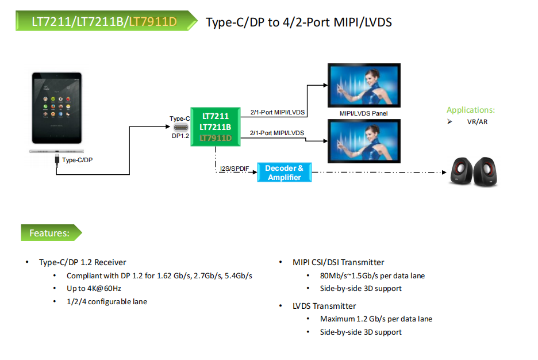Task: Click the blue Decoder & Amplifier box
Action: pyautogui.click(x=284, y=173)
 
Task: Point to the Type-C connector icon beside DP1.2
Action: pyautogui.click(x=180, y=128)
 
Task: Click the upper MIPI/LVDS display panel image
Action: pyautogui.click(x=363, y=85)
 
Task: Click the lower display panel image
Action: pyautogui.click(x=363, y=141)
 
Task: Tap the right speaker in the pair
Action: pyautogui.click(x=486, y=172)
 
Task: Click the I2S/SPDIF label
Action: pyautogui.click(x=235, y=168)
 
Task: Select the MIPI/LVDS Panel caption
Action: pyautogui.click(x=363, y=113)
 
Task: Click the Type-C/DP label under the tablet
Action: pyautogui.click(x=77, y=160)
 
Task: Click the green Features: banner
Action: pyautogui.click(x=51, y=233)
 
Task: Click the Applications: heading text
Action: pyautogui.click(x=470, y=110)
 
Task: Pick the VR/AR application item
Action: pyautogui.click(x=477, y=122)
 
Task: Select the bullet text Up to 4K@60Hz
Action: pyautogui.click(x=94, y=288)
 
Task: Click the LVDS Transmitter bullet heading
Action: pyautogui.click(x=324, y=306)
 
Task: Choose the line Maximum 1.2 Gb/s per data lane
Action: pyautogui.click(x=376, y=319)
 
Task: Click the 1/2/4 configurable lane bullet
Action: pyautogui.click(x=107, y=301)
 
